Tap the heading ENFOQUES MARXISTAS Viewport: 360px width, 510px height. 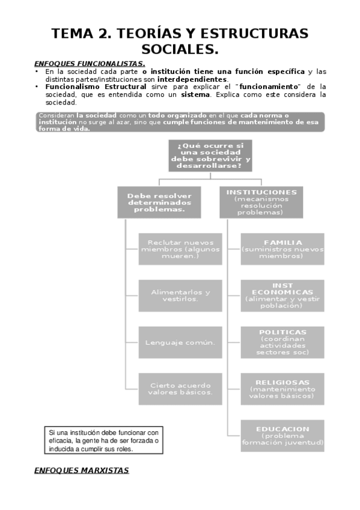tap(82, 470)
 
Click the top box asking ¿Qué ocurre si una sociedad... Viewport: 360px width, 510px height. tap(210, 156)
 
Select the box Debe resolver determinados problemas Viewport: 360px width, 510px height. tap(159, 202)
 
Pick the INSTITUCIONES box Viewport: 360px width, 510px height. tap(261, 202)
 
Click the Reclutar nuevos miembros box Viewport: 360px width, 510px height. tap(180, 248)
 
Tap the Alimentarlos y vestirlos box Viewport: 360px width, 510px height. tap(180, 295)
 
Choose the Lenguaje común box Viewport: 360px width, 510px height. tap(180, 342)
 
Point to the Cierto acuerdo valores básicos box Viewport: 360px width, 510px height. tap(180, 389)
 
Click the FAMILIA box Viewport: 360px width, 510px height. tap(282, 248)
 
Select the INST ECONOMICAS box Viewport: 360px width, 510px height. tap(282, 295)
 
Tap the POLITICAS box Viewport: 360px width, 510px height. tap(282, 342)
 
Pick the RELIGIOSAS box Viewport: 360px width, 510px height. tap(282, 389)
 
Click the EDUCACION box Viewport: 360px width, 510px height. tap(282, 435)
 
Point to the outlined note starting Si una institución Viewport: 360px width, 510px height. tap(104, 440)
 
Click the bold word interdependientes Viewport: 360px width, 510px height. tap(192, 79)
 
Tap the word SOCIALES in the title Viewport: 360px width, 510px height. tap(180, 48)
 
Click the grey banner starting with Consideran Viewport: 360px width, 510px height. tap(180, 121)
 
